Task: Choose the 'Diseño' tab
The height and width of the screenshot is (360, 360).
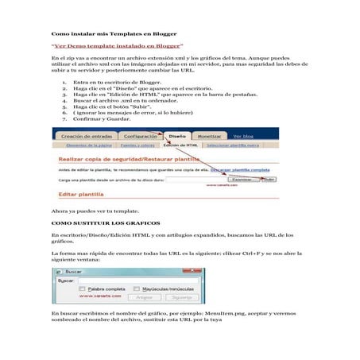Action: (x=178, y=137)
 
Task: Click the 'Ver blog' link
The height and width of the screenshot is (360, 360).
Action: (x=243, y=137)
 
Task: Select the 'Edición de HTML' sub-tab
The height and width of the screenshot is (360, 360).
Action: (x=180, y=146)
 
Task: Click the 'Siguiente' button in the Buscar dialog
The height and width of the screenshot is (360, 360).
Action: (x=182, y=297)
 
